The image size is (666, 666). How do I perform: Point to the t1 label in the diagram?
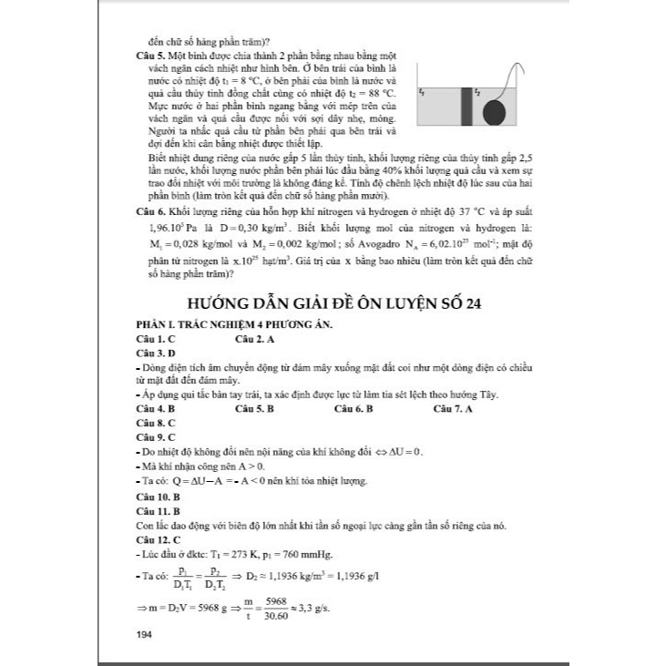tap(421, 93)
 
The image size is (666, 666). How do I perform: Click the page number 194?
tap(144, 635)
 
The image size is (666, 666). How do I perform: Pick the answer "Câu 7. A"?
tap(453, 410)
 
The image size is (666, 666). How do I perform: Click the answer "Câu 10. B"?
tap(158, 497)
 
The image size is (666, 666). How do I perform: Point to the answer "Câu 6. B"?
tap(354, 410)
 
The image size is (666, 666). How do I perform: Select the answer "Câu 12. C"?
tap(158, 540)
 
